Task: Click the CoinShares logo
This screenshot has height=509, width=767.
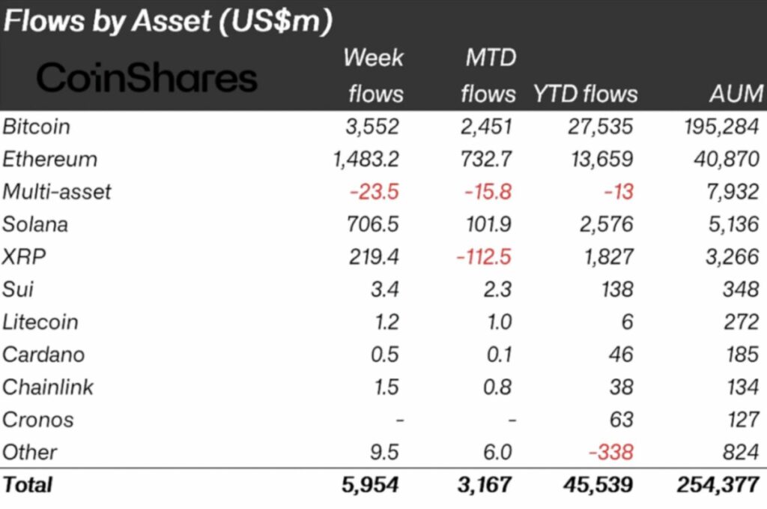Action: pos(147,78)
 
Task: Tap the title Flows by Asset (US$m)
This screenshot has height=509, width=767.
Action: pos(167,21)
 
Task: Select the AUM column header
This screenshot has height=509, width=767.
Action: pos(736,94)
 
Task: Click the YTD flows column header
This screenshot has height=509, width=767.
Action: pos(585,94)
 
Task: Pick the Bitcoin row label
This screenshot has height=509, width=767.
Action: pos(36,126)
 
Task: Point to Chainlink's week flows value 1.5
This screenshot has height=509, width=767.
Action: pos(385,387)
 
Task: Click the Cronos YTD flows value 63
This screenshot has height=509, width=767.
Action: pos(620,419)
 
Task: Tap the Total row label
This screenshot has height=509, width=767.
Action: pos(28,484)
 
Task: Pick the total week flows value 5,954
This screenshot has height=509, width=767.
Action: pos(370,484)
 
